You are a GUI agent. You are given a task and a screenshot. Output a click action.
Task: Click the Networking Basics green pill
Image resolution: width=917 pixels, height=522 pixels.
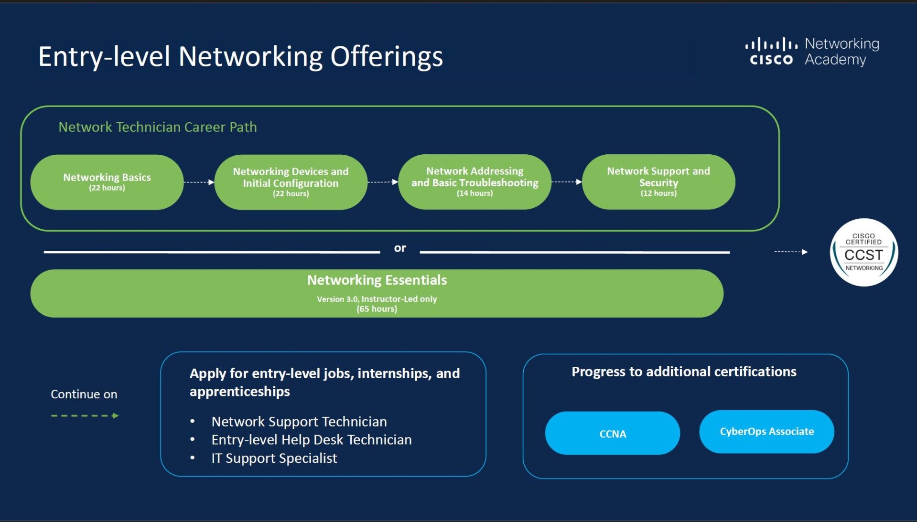[107, 182]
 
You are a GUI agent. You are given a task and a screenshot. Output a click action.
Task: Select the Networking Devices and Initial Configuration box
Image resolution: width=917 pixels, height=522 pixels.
[291, 182]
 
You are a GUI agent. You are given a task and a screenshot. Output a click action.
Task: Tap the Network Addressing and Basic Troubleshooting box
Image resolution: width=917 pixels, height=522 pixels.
[475, 182]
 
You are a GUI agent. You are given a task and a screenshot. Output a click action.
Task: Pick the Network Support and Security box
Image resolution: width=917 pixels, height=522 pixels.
[658, 182]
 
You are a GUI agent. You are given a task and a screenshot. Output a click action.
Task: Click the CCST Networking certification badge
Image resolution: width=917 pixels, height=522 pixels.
[863, 252]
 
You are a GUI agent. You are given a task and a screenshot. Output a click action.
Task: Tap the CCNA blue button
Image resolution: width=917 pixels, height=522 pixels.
[612, 433]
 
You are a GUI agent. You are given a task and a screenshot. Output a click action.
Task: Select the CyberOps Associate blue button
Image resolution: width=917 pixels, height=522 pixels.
[766, 432]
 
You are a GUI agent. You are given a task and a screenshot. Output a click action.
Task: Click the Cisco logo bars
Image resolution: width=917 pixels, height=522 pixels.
[771, 44]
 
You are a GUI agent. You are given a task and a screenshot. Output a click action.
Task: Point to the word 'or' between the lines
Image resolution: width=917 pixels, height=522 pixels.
[400, 248]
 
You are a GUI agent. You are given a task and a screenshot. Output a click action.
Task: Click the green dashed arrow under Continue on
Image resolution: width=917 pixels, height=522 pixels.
[85, 415]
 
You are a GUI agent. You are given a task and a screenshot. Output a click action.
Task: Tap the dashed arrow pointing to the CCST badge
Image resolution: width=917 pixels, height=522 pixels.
[791, 252]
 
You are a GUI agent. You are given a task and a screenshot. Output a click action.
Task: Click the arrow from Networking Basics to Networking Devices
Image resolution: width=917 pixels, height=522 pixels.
[199, 182]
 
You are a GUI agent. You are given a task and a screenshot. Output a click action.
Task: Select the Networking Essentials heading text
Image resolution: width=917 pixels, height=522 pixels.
[377, 280]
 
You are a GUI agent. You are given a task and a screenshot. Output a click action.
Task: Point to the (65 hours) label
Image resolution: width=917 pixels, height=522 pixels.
[377, 309]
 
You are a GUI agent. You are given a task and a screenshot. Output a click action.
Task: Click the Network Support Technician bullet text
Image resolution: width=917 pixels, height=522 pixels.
[299, 422]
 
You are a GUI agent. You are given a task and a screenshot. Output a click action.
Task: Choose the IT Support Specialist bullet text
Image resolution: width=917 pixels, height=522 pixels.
[274, 458]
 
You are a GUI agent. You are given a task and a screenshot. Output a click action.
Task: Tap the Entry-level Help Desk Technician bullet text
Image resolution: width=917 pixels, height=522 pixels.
[312, 440]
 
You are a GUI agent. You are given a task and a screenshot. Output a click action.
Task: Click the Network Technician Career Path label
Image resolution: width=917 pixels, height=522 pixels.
[158, 127]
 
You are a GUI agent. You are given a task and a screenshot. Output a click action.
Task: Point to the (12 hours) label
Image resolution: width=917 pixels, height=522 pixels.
[658, 193]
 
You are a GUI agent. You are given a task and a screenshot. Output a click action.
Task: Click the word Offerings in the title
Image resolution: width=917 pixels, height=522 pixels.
[387, 57]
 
